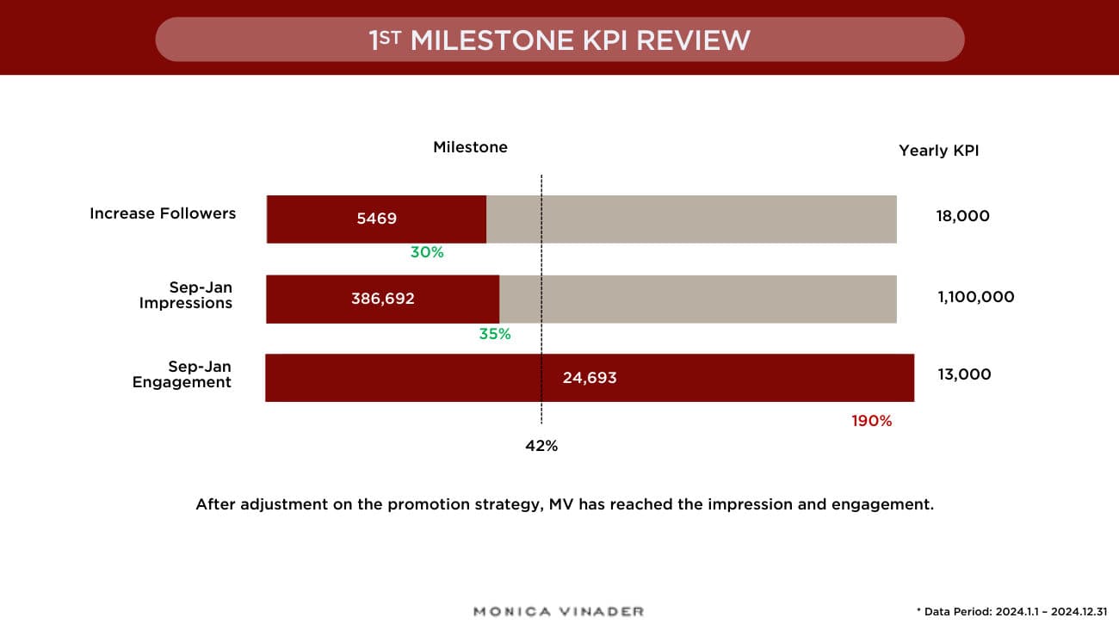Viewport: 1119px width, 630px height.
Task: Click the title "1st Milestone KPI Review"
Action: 559,40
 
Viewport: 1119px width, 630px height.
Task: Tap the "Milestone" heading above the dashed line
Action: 470,147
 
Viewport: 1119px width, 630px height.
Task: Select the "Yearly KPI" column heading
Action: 938,151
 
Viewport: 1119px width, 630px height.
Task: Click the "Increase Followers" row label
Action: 163,213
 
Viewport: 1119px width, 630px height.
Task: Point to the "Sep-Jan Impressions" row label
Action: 186,295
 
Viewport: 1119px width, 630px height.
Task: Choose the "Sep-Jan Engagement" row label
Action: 182,374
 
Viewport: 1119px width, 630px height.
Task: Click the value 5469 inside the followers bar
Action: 377,219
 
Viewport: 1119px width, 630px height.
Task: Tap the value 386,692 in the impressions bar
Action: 383,299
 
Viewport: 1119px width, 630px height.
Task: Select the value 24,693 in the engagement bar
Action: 590,377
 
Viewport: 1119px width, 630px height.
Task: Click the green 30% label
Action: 427,252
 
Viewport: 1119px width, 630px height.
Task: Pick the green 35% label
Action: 495,334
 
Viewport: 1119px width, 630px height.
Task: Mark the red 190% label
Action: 872,421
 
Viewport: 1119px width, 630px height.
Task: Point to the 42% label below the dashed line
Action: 541,446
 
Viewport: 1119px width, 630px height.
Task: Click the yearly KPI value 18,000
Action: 963,216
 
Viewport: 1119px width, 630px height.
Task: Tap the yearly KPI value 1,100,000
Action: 976,297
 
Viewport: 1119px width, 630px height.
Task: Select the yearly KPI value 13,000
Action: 964,374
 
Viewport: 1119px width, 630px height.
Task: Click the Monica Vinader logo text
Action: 559,611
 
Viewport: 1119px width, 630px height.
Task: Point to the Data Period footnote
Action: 1011,611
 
